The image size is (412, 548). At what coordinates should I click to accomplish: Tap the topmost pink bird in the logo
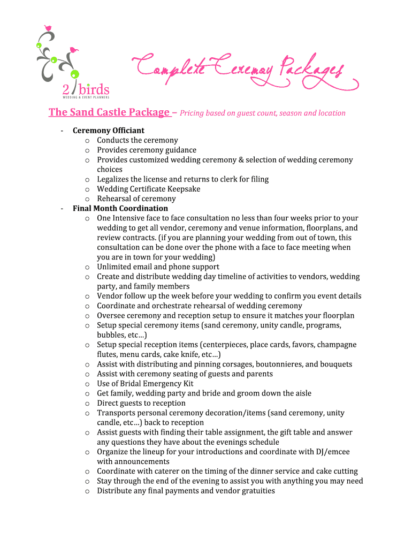pos(48,27)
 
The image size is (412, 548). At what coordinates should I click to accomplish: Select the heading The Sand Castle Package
pos(109,112)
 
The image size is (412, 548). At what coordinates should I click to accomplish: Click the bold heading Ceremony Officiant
pos(109,131)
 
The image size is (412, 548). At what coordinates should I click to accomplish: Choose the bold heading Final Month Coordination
pos(120,208)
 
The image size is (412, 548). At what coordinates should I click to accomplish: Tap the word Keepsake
pos(183,189)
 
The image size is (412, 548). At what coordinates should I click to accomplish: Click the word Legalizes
pos(113,179)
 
